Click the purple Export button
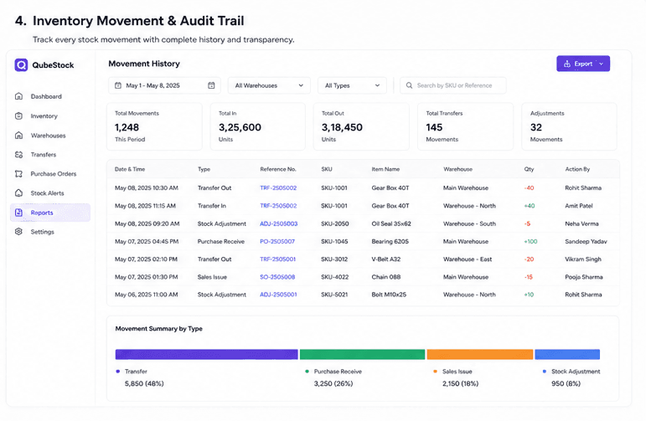tap(583, 64)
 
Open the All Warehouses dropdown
tap(269, 85)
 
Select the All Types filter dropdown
tap(352, 85)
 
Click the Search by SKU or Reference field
tap(452, 85)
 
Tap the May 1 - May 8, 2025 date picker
tap(164, 85)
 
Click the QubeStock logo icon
tap(21, 65)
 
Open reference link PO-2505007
tap(277, 242)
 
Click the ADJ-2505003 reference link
tap(278, 223)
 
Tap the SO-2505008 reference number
tap(277, 277)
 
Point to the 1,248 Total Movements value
tap(127, 127)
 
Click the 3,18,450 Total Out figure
tap(342, 127)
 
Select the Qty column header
tap(529, 169)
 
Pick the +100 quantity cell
tap(530, 242)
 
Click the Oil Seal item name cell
tap(391, 223)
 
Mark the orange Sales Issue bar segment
tap(480, 354)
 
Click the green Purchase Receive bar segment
tap(362, 354)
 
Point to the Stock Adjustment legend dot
tap(545, 372)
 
